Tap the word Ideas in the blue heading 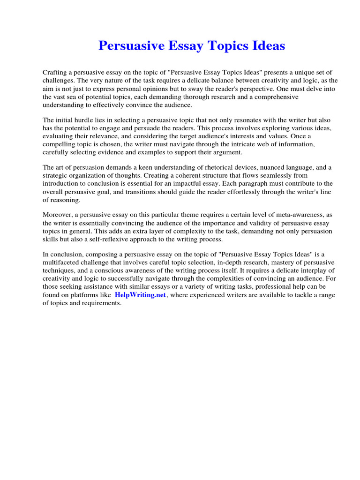tap(267, 46)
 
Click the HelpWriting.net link tap(140, 295)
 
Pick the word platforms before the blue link tap(82, 295)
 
